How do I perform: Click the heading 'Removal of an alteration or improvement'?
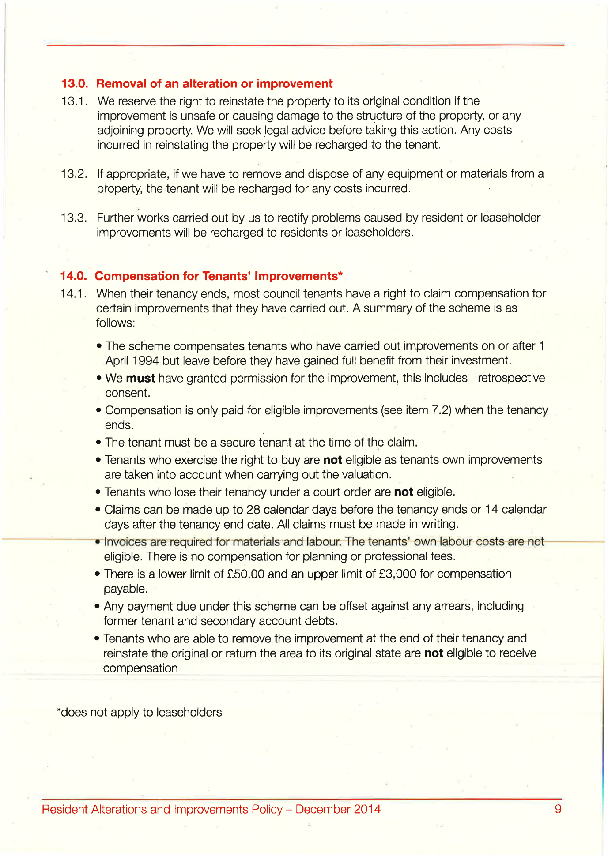point(214,84)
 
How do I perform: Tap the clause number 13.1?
point(74,101)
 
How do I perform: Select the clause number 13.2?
point(74,174)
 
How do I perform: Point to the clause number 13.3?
point(74,218)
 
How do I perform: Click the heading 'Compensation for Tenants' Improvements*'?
point(219,276)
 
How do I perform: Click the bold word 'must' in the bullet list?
point(140,379)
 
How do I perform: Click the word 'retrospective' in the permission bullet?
point(511,379)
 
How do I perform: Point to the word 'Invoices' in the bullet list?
point(125,542)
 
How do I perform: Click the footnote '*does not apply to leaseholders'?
point(140,713)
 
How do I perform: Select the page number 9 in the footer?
point(558,809)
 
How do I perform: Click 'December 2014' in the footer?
point(338,809)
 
